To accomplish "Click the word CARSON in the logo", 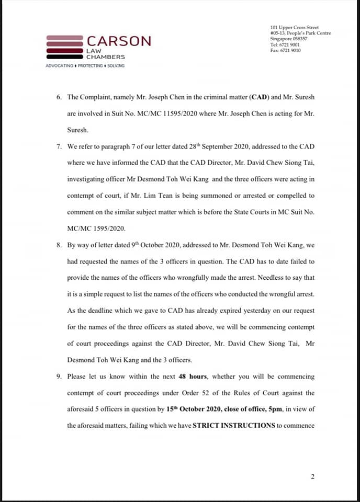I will pos(119,41).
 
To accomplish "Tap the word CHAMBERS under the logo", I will pos(106,56).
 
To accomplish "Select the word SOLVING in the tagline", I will pos(116,66).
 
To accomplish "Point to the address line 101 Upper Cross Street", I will pos(295,28).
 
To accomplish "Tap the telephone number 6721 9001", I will pos(289,45).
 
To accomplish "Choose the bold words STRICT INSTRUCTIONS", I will pos(233,426).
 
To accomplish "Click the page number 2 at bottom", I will pos(312,476).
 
